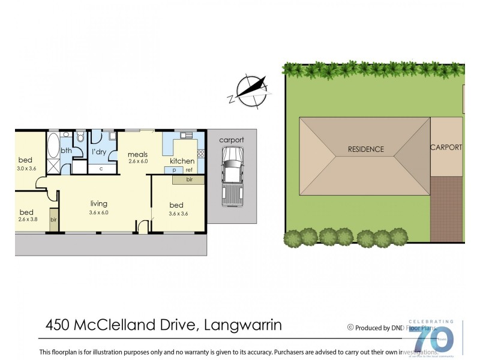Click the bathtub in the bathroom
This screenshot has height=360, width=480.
pyautogui.click(x=53, y=144)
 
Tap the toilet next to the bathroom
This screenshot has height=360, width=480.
pyautogui.click(x=80, y=137)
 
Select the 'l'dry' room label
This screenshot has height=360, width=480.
pyautogui.click(x=99, y=152)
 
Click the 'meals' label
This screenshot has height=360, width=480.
pyautogui.click(x=137, y=154)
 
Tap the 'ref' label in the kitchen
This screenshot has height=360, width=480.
pyautogui.click(x=188, y=170)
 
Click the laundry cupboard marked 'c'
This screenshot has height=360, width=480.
pyautogui.click(x=101, y=169)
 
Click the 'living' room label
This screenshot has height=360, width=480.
pyautogui.click(x=99, y=203)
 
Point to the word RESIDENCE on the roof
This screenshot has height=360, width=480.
pyautogui.click(x=365, y=149)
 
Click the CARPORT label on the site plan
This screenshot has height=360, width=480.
pyautogui.click(x=446, y=147)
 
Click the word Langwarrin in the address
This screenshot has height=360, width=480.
pyautogui.click(x=243, y=325)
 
